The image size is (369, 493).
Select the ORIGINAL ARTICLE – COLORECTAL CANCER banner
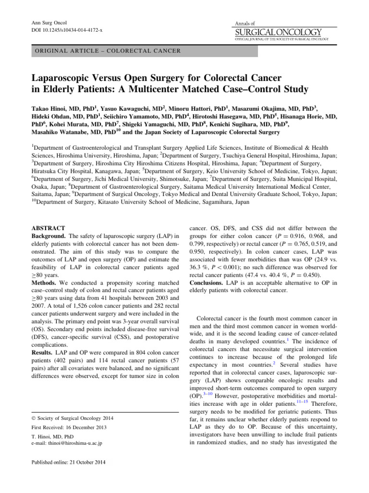(105, 51)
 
